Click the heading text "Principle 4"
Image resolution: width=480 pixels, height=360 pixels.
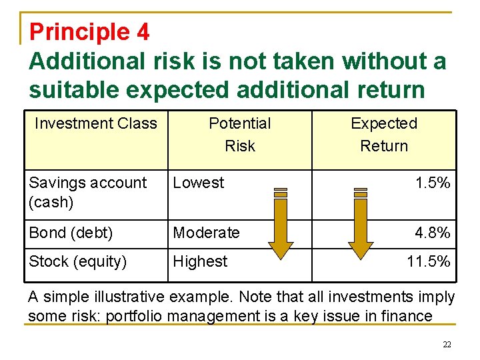(x=89, y=31)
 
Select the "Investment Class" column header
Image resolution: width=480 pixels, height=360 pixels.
(x=95, y=123)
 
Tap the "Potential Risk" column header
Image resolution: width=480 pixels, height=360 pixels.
(x=240, y=134)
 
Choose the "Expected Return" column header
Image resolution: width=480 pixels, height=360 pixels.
(x=384, y=134)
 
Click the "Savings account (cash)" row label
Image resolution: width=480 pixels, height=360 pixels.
(x=87, y=192)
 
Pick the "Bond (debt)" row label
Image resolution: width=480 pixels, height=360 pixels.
(x=71, y=233)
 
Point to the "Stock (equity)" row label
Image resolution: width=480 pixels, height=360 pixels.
(x=77, y=261)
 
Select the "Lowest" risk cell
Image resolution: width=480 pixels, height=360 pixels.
(x=199, y=183)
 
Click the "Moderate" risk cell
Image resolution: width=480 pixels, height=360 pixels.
(x=206, y=233)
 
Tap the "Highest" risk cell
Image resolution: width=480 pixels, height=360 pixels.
(x=200, y=261)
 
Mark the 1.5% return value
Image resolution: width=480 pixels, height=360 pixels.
(x=432, y=183)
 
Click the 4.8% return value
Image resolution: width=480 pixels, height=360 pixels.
(x=432, y=233)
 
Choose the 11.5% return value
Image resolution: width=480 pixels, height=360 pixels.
(x=428, y=261)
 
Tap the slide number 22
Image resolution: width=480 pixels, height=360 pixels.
(x=447, y=344)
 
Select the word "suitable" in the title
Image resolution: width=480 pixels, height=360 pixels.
(x=75, y=89)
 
